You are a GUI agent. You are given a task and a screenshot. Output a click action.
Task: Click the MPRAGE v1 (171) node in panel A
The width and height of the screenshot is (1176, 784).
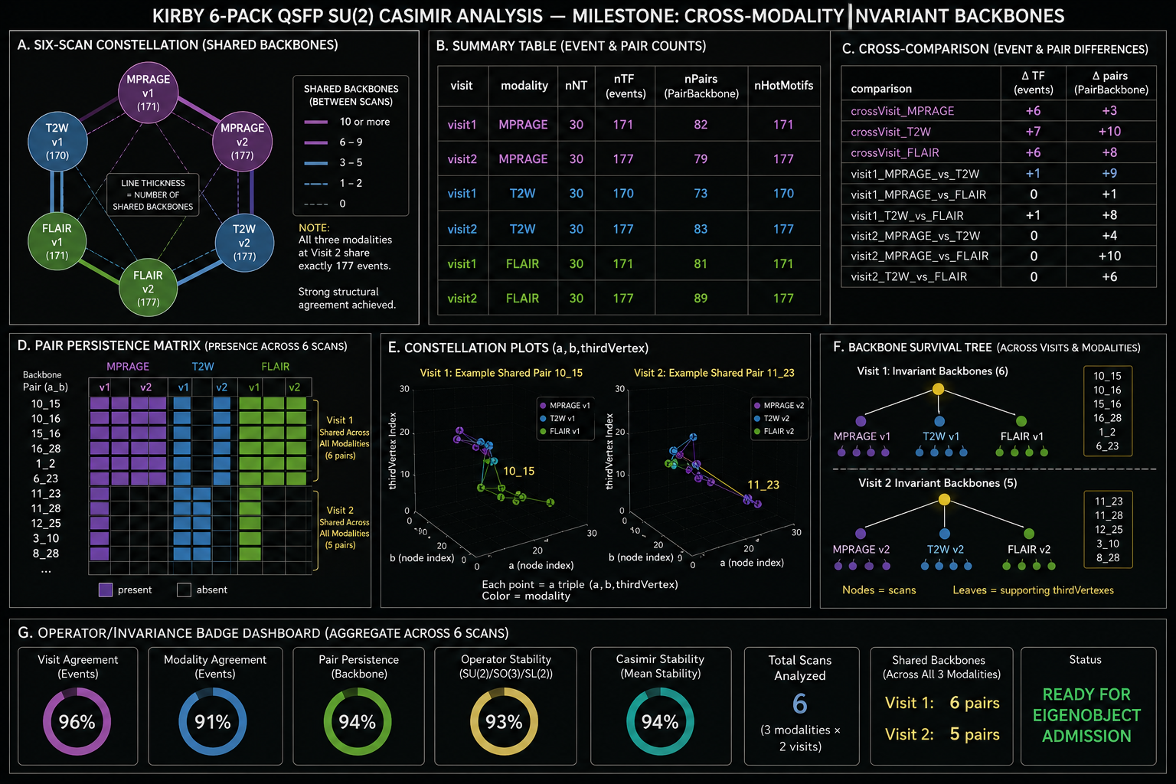[x=148, y=93]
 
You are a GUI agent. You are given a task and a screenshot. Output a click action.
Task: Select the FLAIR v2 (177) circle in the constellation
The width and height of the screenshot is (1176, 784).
[x=148, y=288]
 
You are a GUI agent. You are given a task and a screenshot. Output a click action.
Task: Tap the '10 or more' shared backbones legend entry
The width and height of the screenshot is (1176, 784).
[x=347, y=122]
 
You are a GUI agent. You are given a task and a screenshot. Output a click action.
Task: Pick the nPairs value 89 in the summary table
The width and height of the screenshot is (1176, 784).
[x=701, y=299]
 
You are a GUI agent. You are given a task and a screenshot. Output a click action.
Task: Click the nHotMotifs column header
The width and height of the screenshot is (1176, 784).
[x=783, y=86]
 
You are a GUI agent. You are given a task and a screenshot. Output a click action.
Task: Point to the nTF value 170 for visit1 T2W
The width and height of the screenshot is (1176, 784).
[x=623, y=194]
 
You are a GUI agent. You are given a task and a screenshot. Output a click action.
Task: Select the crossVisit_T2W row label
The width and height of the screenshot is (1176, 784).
[x=890, y=132]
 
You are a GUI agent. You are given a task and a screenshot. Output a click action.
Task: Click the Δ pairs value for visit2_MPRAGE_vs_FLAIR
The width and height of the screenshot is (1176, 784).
[x=1109, y=256]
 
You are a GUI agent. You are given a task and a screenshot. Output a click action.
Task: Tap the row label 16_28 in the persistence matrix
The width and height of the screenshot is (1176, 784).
[x=46, y=449]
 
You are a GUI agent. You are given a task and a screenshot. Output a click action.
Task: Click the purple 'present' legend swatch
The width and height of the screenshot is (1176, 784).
[x=106, y=590]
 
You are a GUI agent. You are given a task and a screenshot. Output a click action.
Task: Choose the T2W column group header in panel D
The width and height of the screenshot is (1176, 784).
[x=203, y=367]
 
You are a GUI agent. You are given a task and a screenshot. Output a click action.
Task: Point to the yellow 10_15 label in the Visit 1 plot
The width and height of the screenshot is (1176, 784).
[x=518, y=471]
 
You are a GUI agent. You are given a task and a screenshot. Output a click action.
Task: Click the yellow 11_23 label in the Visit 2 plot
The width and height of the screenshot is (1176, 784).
[x=763, y=485]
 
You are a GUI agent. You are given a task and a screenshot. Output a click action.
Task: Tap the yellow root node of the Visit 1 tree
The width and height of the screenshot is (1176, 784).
[x=938, y=389]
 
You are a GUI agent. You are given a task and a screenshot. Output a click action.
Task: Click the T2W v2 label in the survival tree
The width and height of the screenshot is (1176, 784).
[x=946, y=549]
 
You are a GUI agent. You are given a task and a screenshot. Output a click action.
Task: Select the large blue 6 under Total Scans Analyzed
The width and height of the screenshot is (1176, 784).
[x=799, y=704]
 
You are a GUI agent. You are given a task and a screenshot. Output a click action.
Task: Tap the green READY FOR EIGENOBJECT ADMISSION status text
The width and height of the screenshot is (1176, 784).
[x=1086, y=715]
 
